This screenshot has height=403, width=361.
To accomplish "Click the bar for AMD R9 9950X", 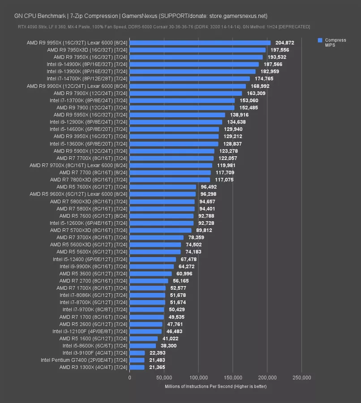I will tap(200, 43).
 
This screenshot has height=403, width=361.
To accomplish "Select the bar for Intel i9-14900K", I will tap(194, 64).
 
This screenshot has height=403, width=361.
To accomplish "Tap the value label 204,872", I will tap(284, 43).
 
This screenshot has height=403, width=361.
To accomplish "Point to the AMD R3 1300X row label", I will tap(93, 367).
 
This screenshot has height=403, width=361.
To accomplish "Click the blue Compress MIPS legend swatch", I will tap(320, 40).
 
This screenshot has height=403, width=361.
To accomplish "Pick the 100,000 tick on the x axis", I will tap(198, 378).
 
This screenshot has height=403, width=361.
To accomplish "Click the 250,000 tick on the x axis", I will tap(301, 378).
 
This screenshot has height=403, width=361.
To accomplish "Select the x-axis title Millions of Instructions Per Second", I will tap(215, 386).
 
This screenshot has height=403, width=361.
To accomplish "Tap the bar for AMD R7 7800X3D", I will tap(170, 180).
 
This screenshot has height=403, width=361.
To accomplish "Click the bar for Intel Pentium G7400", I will tap(137, 360).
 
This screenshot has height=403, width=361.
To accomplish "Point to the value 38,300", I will tap(170, 346).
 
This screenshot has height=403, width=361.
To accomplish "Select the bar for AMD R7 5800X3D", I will tap(162, 201).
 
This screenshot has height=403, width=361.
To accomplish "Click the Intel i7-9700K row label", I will tap(95, 309).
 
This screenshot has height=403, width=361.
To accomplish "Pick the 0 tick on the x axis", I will tap(130, 378).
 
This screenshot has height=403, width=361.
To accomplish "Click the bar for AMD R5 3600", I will tap(151, 273).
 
